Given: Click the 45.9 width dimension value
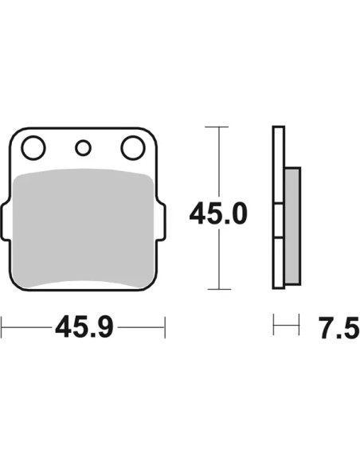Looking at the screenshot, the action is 84,327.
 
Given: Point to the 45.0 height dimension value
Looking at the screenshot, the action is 218,213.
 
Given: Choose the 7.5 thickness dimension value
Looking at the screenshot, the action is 339,327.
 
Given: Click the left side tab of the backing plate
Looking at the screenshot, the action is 6,221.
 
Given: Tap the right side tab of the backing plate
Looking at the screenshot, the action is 162,221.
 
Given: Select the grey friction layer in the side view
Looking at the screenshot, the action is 292,226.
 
